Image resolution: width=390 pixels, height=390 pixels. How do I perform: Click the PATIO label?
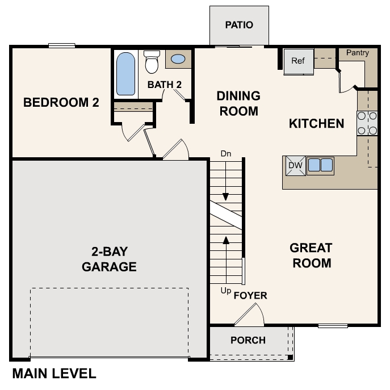[x=238, y=25]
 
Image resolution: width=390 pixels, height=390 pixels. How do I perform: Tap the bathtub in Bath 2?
[x=125, y=74]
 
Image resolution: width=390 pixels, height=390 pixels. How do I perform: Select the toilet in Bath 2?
[x=152, y=62]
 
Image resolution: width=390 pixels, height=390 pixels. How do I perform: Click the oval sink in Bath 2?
[x=178, y=58]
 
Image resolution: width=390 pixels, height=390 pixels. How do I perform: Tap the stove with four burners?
[x=367, y=123]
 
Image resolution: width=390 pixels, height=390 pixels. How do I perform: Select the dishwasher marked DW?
[x=294, y=165]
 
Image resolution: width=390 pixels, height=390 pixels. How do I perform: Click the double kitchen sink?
[x=320, y=165]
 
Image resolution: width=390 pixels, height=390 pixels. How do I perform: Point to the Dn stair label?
[x=226, y=153]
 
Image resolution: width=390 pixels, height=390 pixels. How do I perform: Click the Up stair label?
[x=225, y=291]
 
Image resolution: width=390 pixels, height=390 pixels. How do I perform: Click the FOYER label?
[x=250, y=296]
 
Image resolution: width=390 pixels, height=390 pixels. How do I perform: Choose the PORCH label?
[x=248, y=340]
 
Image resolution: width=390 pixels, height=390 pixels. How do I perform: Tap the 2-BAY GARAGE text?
[x=109, y=259]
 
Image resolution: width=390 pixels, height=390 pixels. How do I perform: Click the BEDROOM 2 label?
[x=61, y=103]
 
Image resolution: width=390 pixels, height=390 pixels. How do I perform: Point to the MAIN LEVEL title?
[x=54, y=374]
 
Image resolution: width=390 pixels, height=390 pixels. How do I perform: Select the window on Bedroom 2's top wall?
[x=62, y=45]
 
